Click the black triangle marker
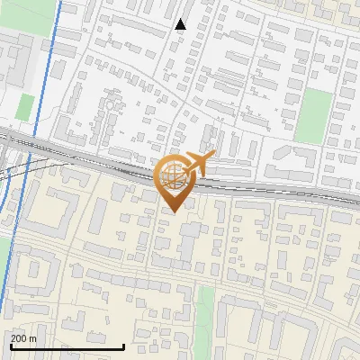[181, 24]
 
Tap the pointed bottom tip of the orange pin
[171, 212]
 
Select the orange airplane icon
[197, 163]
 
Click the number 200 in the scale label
[20, 338]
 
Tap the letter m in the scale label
[34, 338]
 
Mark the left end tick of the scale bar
[11, 346]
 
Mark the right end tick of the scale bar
[123, 346]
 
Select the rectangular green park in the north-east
[314, 114]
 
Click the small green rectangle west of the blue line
[25, 106]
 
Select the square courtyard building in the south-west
[36, 269]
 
